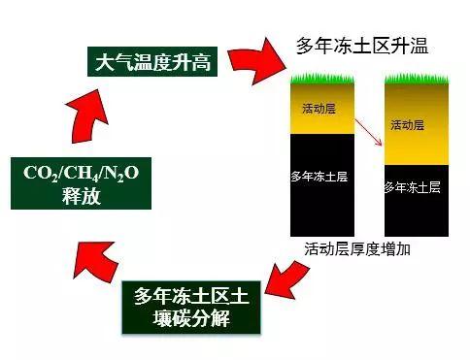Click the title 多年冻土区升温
[x=361, y=46]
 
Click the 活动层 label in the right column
[x=407, y=125]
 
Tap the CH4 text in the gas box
[x=84, y=174]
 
